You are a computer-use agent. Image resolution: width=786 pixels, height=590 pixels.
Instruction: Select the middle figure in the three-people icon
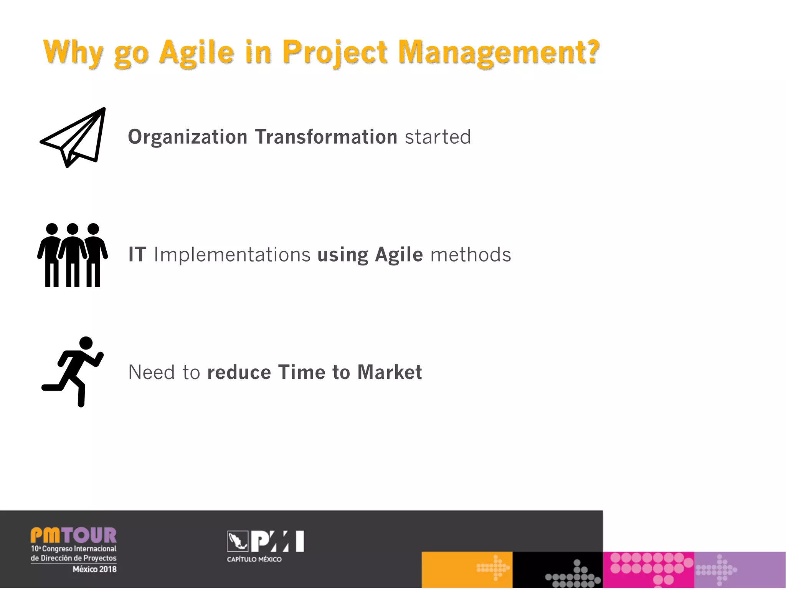point(73,255)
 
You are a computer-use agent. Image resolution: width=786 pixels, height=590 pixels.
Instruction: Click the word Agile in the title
point(196,53)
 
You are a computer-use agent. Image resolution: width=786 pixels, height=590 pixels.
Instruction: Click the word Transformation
point(326,137)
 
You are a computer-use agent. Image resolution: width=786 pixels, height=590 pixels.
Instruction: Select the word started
point(438,137)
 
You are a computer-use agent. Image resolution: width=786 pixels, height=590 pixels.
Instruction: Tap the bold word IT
point(137,255)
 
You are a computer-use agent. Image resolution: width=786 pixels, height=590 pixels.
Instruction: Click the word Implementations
point(232,255)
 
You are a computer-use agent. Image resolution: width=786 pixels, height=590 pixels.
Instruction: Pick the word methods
point(471,255)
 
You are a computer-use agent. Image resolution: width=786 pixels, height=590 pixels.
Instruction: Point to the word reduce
point(239,372)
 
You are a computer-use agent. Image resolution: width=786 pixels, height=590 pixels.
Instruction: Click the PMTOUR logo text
point(73,535)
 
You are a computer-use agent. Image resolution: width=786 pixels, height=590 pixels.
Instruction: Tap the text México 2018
point(94,569)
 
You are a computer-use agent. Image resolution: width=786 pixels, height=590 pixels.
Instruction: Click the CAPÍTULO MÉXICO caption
point(254,559)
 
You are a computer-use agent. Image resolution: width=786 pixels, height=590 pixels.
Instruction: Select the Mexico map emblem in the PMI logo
point(238,541)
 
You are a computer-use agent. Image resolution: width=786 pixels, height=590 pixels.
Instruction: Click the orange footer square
point(467,570)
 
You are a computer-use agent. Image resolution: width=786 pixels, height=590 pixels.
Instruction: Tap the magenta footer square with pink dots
point(648,570)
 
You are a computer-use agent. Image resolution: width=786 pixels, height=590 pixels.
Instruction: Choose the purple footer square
point(740,570)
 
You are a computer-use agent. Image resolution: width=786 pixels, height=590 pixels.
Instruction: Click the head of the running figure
point(86,343)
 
